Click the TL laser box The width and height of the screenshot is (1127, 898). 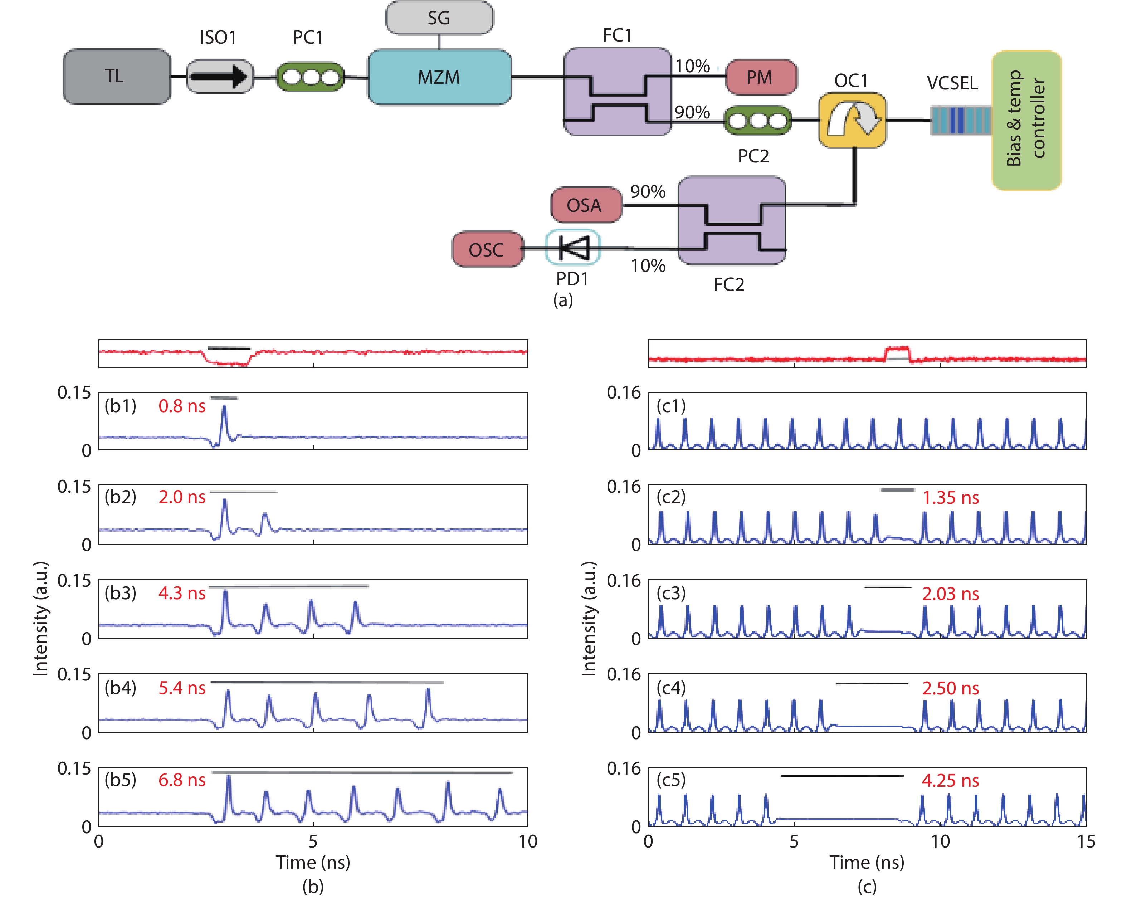pos(116,76)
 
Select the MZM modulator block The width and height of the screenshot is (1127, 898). pos(439,77)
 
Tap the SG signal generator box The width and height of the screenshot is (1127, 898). pos(439,18)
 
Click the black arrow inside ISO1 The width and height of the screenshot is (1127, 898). pos(219,76)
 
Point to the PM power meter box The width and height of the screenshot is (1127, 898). pos(761,77)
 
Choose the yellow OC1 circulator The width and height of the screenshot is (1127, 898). pos(852,120)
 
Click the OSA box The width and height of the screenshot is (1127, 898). pos(585,205)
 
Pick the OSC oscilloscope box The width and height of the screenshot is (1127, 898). pos(487,249)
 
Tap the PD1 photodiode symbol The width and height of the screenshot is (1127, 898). pos(573,248)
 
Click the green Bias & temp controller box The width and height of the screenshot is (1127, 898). pos(1026,120)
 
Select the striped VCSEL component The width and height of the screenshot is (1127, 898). pos(960,120)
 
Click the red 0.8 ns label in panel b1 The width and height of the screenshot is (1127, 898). pos(182,406)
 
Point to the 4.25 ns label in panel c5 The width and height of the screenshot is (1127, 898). pos(950,780)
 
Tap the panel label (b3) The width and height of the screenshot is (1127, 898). pos(120,593)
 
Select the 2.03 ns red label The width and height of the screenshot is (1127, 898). pos(950,594)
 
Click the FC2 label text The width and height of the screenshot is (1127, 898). pos(729,284)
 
